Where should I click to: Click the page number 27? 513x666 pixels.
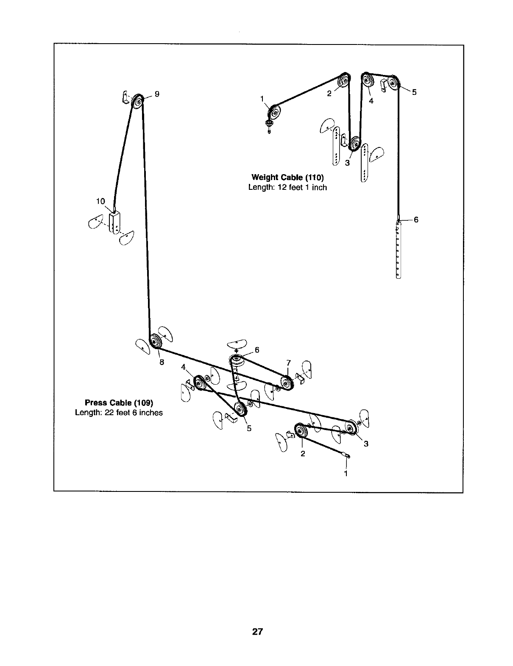click(257, 632)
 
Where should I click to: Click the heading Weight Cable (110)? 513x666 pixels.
click(288, 177)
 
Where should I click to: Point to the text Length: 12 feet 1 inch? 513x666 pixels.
click(287, 187)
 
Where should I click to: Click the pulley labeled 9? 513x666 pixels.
click(137, 102)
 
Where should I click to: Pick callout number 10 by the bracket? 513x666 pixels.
click(100, 201)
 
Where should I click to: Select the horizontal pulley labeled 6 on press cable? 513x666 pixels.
click(236, 361)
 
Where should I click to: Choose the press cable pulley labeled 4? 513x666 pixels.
click(198, 383)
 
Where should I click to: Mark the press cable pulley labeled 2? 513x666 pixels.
click(301, 431)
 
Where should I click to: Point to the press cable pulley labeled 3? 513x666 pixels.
click(351, 427)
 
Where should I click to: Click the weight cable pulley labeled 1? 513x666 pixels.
click(274, 113)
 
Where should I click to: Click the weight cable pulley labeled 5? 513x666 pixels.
click(394, 83)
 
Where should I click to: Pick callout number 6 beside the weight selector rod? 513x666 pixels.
click(416, 219)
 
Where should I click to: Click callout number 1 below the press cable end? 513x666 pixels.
click(346, 473)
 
